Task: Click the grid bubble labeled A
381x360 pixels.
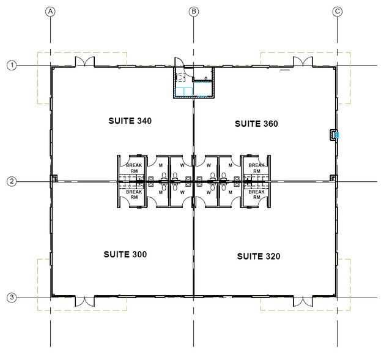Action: (51, 11)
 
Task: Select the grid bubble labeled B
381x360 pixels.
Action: (194, 11)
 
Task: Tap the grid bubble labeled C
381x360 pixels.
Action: (337, 11)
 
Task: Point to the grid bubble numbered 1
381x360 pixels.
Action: (11, 65)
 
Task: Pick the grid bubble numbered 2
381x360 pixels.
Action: (11, 181)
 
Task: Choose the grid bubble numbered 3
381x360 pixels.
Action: (11, 298)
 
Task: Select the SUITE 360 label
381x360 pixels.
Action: (256, 124)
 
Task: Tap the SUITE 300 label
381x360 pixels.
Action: (125, 253)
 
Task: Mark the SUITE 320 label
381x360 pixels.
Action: (258, 257)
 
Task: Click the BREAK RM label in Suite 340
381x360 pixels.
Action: (134, 168)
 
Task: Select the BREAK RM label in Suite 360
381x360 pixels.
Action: (257, 168)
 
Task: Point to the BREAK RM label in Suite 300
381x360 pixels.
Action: (134, 195)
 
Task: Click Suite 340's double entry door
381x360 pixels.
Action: (84, 62)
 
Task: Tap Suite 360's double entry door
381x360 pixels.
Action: (302, 62)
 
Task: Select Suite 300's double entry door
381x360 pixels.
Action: (84, 301)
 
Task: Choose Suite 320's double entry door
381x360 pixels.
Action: (302, 301)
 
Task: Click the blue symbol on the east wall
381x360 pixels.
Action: (336, 135)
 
